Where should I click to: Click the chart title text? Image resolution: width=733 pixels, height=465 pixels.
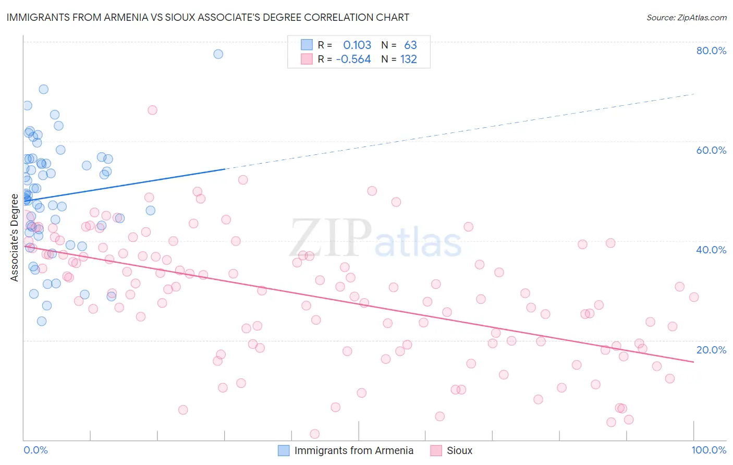point(207,17)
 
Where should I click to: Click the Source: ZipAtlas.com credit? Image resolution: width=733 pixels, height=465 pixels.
point(686,17)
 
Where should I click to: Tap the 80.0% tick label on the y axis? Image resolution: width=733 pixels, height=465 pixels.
point(711,51)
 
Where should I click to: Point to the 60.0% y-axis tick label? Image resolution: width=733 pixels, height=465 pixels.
point(711,150)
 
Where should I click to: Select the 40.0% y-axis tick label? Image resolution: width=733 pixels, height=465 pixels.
point(711,250)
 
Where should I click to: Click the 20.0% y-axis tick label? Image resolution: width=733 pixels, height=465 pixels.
point(711,349)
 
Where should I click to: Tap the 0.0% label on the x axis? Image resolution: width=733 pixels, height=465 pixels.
point(35,450)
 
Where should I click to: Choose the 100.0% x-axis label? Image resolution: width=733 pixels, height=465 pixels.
point(708,450)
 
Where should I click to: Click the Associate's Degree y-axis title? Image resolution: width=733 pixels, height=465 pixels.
point(15,237)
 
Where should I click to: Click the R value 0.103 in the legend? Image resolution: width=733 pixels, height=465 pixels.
point(357,45)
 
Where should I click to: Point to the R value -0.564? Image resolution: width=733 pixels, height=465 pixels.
point(353,59)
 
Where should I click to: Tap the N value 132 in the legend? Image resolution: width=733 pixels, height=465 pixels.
point(409,59)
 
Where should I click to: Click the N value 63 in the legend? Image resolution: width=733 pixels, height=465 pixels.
point(410,45)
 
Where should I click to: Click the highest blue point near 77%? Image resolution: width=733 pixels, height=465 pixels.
point(218,54)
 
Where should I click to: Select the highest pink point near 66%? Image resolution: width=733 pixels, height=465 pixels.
point(152,110)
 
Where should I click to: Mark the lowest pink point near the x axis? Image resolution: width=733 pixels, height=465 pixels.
point(314,434)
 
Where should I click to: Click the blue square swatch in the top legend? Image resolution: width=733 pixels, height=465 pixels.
point(307,45)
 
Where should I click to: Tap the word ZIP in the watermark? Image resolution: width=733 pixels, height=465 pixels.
point(331,238)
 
